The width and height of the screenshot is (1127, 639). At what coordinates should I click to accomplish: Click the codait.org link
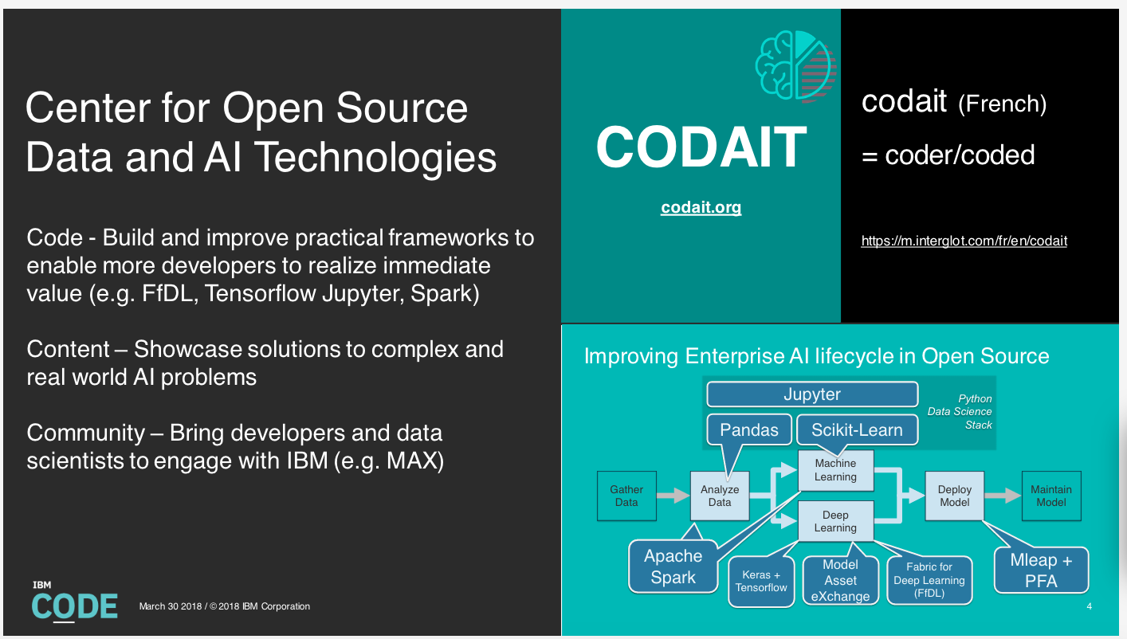pos(701,208)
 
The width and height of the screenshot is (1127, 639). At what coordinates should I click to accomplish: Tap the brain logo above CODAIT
pos(795,67)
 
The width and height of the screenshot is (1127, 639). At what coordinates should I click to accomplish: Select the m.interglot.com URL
pos(964,241)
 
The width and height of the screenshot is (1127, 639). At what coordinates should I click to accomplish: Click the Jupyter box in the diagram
pos(811,394)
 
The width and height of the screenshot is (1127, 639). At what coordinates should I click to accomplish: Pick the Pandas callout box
pos(748,429)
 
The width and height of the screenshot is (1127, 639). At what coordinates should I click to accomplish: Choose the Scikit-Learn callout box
pos(857,429)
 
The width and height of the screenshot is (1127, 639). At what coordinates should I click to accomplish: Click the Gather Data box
pos(626,496)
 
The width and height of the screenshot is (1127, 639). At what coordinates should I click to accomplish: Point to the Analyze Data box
pos(720,496)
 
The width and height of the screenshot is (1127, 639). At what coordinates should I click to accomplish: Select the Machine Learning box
pos(835,470)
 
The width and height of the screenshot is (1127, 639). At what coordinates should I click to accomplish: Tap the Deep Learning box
pos(835,521)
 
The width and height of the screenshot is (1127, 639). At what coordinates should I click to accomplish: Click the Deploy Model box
pos(954,496)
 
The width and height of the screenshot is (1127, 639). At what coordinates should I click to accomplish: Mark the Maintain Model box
pos(1050,496)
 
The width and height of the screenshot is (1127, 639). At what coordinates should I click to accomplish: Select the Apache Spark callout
pos(673,566)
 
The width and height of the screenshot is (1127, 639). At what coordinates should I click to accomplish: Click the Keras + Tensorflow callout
pos(761,581)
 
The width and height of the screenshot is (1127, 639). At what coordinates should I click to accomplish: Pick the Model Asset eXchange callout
pos(840,580)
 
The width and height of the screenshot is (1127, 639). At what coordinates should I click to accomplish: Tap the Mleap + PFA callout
pos(1041,570)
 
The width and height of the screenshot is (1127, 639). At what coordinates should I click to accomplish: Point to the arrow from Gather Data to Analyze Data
pos(673,496)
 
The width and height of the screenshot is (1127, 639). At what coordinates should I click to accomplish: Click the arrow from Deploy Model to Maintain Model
pos(1003,496)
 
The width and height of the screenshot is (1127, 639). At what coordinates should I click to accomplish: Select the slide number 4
pos(1089,607)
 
